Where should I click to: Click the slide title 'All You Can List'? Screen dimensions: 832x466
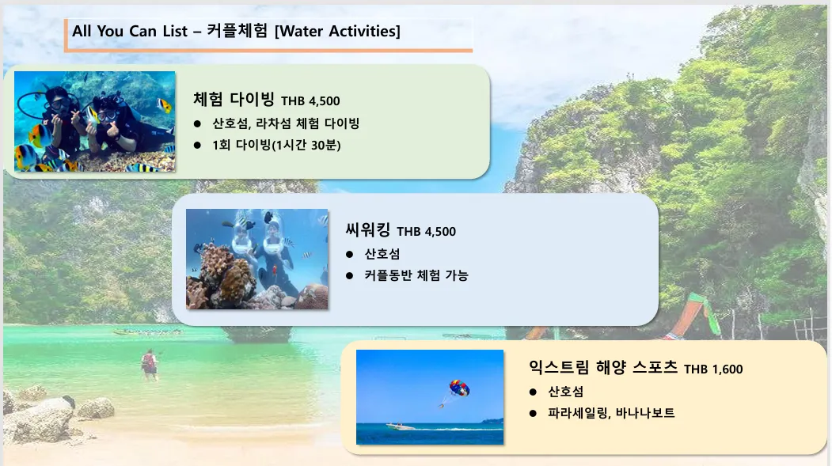pyautogui.click(x=130, y=31)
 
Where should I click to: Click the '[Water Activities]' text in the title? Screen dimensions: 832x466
pyautogui.click(x=337, y=32)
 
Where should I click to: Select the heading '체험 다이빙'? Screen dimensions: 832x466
pyautogui.click(x=234, y=99)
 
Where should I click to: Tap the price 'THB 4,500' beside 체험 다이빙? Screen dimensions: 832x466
pyautogui.click(x=310, y=100)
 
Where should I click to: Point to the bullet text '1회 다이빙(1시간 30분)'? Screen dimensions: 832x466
pyautogui.click(x=276, y=145)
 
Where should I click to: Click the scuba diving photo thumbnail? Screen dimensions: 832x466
pyautogui.click(x=94, y=121)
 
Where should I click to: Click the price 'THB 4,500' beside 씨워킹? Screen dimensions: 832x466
pyautogui.click(x=426, y=231)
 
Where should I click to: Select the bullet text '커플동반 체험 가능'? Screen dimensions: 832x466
pyautogui.click(x=416, y=275)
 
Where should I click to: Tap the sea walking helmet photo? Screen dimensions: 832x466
pyautogui.click(x=256, y=259)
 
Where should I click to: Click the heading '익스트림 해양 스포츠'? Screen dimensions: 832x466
pyautogui.click(x=602, y=367)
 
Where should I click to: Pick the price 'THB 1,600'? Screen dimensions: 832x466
pyautogui.click(x=713, y=369)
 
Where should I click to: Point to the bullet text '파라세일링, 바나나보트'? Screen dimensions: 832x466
pyautogui.click(x=611, y=412)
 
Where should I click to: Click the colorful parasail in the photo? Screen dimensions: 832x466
pyautogui.click(x=459, y=388)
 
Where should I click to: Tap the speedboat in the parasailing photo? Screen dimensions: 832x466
pyautogui.click(x=400, y=425)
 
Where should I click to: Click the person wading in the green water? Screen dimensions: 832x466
pyautogui.click(x=150, y=364)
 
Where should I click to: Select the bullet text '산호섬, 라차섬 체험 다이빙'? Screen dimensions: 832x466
pyautogui.click(x=286, y=123)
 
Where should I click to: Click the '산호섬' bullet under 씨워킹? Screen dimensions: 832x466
pyautogui.click(x=382, y=254)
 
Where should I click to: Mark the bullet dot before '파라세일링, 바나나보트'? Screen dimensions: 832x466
pyautogui.click(x=533, y=413)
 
